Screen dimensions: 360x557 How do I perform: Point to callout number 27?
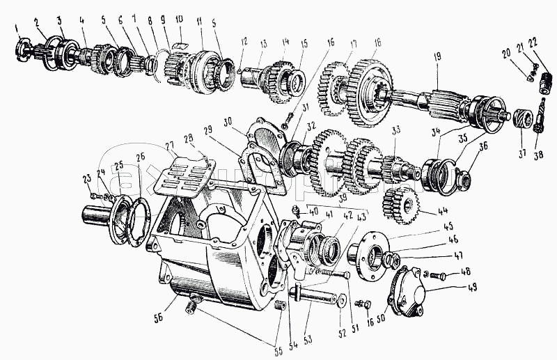pyautogui.click(x=169, y=147)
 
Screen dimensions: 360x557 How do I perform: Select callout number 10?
pyautogui.click(x=179, y=18)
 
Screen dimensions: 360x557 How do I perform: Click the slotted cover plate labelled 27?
pyautogui.click(x=182, y=177)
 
